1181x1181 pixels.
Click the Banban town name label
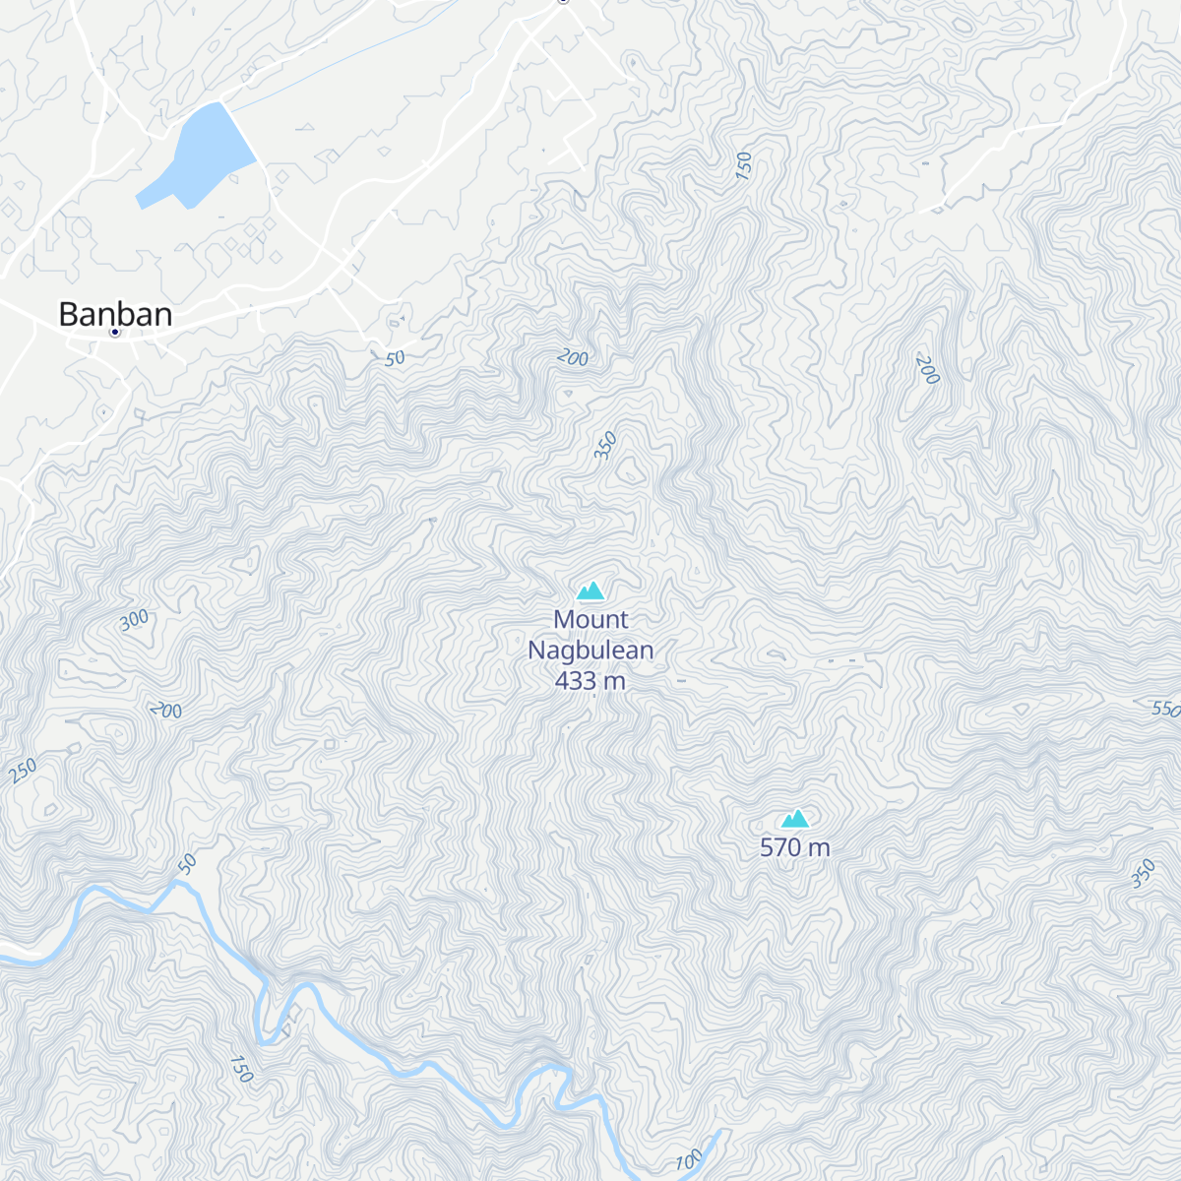tap(115, 314)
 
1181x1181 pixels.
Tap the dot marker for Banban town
tap(115, 333)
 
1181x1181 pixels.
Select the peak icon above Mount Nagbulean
tap(590, 590)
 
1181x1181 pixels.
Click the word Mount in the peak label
tap(590, 620)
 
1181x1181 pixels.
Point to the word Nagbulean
tap(590, 651)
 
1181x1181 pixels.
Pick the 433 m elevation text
tap(590, 681)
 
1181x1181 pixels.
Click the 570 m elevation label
tap(794, 847)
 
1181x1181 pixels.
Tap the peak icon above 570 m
tap(795, 819)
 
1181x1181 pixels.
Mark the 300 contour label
tap(135, 620)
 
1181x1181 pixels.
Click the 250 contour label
tap(23, 771)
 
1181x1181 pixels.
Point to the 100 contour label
tap(690, 1160)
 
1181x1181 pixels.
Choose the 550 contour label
tap(1165, 709)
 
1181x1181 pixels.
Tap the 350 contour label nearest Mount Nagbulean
tap(605, 446)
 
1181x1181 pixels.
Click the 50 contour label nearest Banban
tap(395, 359)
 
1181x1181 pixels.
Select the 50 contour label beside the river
tap(187, 865)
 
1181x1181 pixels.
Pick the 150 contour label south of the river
tap(241, 1069)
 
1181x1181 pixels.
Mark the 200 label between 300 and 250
tap(166, 710)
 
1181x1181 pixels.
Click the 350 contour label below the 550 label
tap(1143, 874)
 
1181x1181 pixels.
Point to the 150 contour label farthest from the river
tap(743, 165)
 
